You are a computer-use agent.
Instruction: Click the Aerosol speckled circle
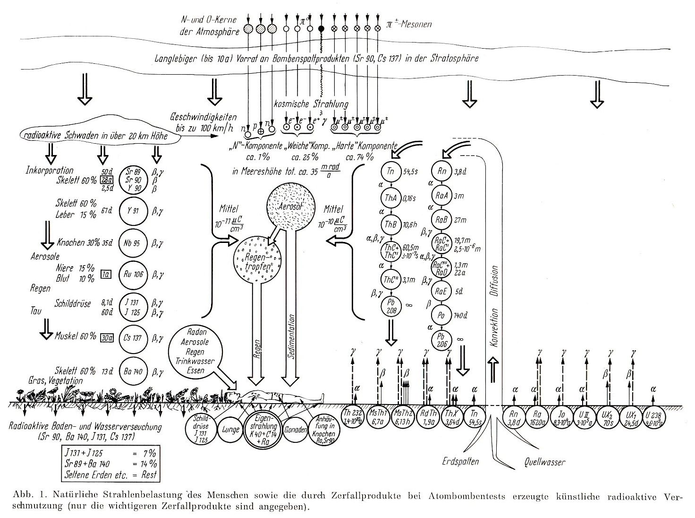(x=289, y=206)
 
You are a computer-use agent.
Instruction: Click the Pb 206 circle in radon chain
(x=442, y=340)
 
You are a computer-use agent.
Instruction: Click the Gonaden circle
(x=293, y=430)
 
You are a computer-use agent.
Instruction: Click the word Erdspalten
(x=461, y=461)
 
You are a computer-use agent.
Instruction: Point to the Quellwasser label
(x=544, y=462)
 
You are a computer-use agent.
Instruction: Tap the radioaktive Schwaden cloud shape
(x=99, y=136)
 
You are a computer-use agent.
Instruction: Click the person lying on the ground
(x=274, y=396)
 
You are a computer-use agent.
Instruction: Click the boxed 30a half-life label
(x=107, y=337)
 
